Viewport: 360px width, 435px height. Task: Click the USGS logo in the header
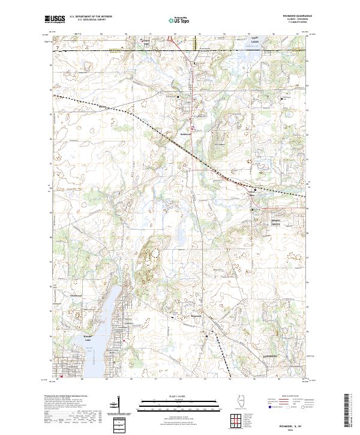click(x=55, y=19)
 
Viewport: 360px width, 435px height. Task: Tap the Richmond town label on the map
click(x=185, y=134)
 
